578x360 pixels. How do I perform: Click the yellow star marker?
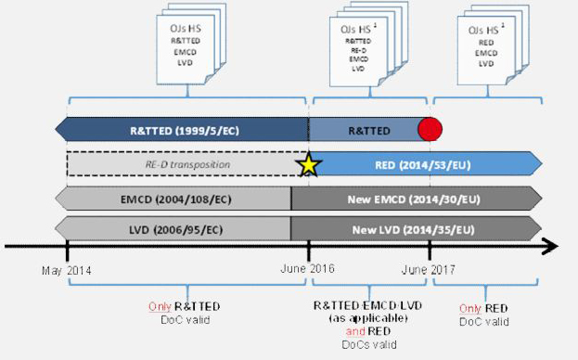[309, 164]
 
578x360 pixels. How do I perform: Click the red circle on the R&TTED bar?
[430, 129]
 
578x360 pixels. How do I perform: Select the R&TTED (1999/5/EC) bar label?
[185, 130]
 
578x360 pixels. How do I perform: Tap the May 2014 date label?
[68, 269]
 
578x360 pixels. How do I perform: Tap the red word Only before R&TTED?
[160, 306]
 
